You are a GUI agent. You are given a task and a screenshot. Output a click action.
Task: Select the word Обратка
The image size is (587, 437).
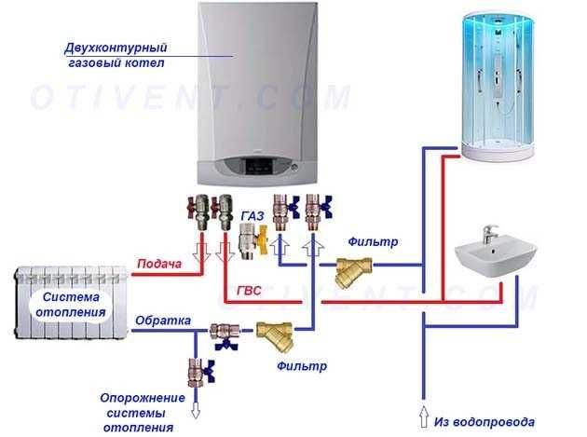(163, 321)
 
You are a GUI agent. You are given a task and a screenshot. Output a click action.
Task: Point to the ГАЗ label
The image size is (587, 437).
(253, 215)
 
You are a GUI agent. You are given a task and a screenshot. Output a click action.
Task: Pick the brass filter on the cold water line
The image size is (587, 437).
(351, 272)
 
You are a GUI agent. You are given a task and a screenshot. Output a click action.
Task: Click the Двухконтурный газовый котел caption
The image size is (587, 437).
(115, 54)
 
